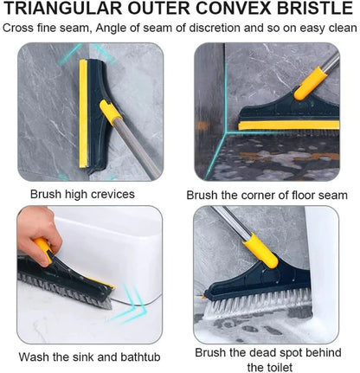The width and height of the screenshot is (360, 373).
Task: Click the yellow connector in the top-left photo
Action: click(108, 110)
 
